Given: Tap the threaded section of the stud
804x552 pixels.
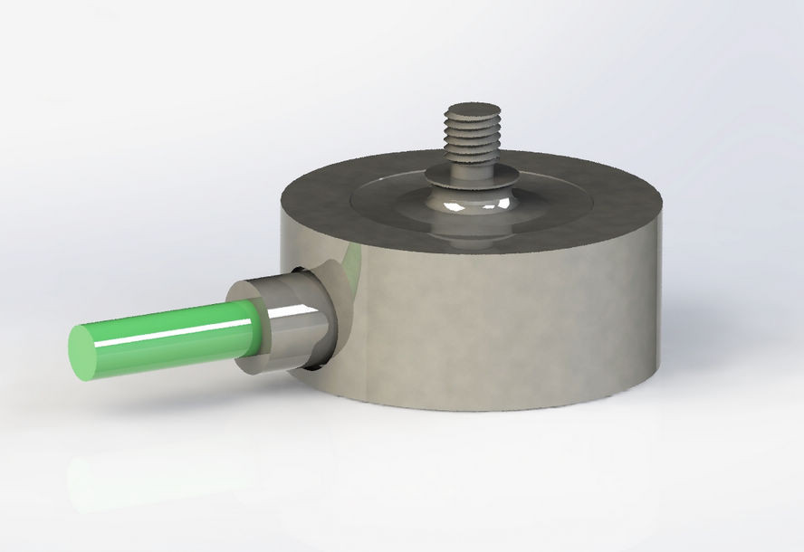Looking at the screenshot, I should (472, 136).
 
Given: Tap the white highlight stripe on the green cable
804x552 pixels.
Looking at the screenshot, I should (172, 327).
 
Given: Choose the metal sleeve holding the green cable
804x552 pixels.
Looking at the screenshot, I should (290, 326).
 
